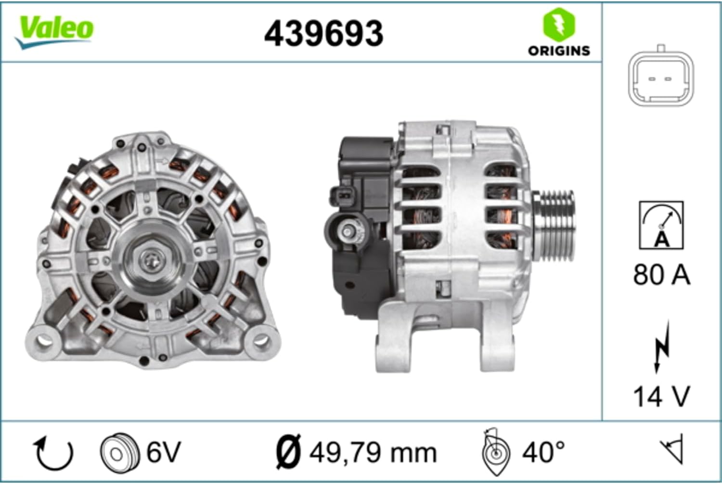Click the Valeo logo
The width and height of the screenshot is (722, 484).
[x=55, y=31]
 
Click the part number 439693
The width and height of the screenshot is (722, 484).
[x=323, y=34]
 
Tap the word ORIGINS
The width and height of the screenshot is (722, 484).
[x=559, y=51]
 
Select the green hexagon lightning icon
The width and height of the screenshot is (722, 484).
[x=559, y=25]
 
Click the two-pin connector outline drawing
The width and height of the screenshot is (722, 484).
[x=661, y=76]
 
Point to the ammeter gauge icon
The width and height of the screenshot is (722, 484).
[x=661, y=225]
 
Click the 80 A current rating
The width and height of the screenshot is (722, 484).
[x=661, y=275]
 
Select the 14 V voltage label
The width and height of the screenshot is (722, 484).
[x=661, y=396]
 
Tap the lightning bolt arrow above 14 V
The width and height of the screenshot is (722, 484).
[x=661, y=347]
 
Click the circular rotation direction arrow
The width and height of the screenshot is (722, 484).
[x=53, y=453]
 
